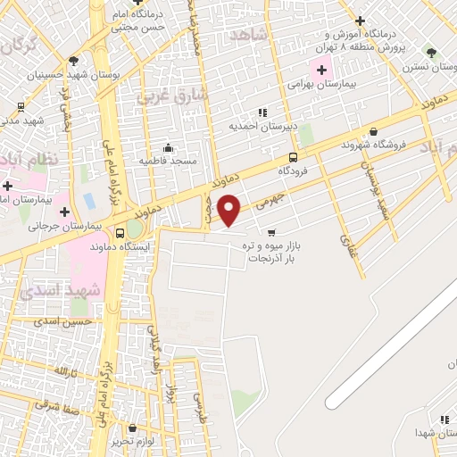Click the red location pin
[x=229, y=211]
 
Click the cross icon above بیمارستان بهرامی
[x=321, y=69]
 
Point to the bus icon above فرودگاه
[x=294, y=157]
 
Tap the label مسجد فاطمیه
[x=168, y=160]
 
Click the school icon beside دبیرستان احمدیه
[x=262, y=112]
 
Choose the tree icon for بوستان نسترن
[x=432, y=53]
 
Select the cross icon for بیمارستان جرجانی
[x=64, y=212]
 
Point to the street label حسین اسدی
[x=62, y=320]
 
